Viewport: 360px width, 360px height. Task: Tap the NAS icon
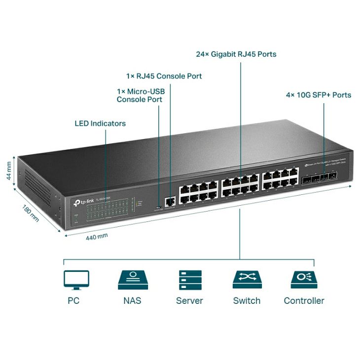pos(132,280)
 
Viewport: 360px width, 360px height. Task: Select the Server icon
pos(189,280)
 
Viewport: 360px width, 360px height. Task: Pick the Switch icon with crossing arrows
pos(247,280)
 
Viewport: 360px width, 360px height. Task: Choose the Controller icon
pos(304,280)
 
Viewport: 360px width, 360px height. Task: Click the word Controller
pos(304,300)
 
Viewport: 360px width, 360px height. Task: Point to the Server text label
pos(189,300)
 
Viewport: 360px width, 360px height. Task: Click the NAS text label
pos(132,300)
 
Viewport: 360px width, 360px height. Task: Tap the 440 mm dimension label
pos(97,236)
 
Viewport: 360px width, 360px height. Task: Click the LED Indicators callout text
pos(100,123)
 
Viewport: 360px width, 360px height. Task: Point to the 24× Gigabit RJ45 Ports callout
pos(236,54)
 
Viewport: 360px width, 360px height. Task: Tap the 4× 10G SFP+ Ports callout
pos(319,95)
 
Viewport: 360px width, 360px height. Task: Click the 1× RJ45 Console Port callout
pos(164,76)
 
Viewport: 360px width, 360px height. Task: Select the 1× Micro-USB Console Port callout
pos(140,96)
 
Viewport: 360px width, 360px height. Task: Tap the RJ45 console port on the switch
pos(171,201)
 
